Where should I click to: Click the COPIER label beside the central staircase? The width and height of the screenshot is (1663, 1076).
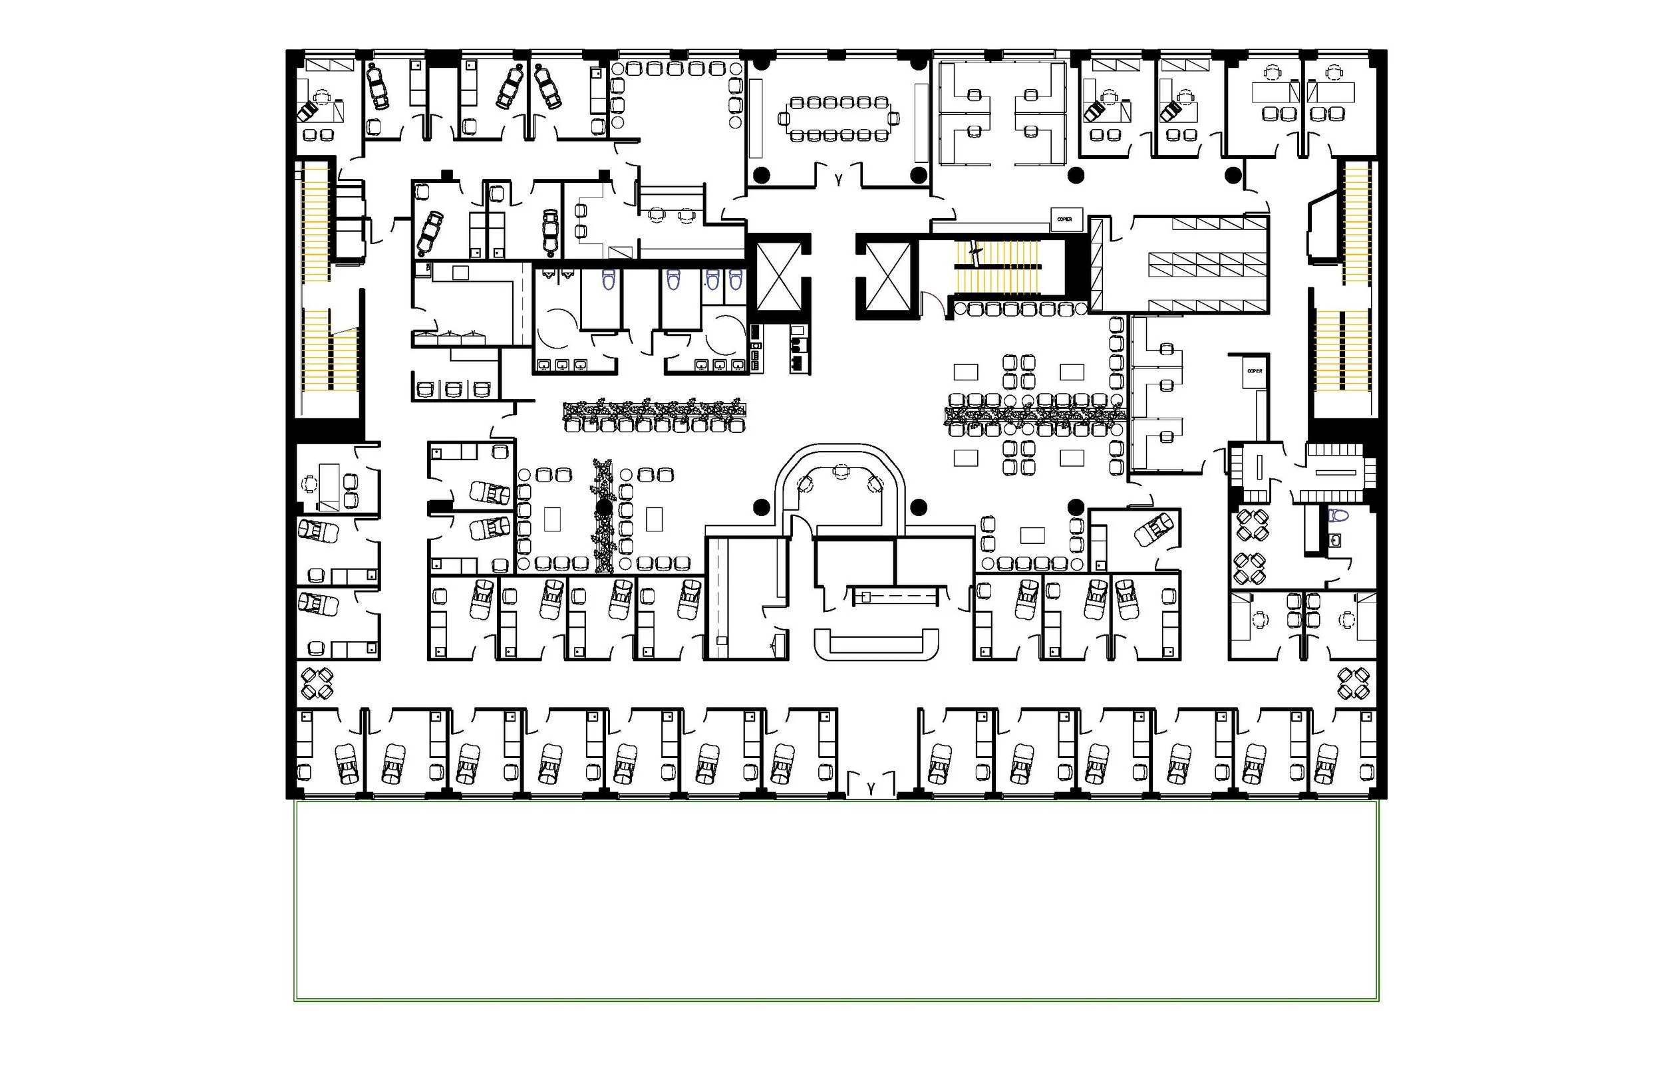(x=1064, y=219)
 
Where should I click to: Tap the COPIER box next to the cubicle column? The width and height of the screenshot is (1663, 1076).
(x=1255, y=371)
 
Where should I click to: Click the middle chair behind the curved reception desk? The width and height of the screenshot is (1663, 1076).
(x=841, y=471)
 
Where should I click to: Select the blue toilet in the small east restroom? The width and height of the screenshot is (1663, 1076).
(x=1339, y=515)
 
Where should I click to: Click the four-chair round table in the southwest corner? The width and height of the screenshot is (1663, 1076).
(x=317, y=684)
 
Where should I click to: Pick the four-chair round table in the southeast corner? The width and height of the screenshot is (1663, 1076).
(x=1354, y=684)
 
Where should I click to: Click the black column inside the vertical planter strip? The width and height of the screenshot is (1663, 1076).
(x=604, y=507)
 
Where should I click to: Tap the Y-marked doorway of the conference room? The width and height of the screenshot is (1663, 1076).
(x=839, y=180)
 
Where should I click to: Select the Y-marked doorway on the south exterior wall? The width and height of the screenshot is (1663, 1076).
(x=871, y=788)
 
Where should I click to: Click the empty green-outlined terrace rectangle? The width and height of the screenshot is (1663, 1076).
(x=835, y=901)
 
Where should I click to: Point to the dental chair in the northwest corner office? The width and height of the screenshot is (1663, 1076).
(x=308, y=110)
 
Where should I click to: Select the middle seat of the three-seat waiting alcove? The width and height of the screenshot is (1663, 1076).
(x=454, y=389)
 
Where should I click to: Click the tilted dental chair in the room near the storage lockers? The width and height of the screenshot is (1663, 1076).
(x=1154, y=529)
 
